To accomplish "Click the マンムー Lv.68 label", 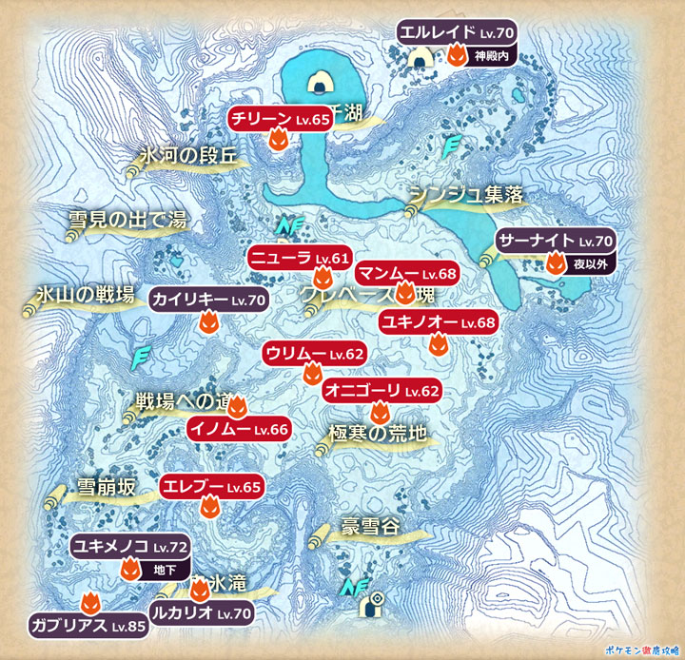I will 407,274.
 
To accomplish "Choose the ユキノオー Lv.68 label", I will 437,322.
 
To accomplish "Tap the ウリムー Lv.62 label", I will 314,354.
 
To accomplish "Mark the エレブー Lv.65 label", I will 210,487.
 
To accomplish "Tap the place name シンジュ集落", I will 467,195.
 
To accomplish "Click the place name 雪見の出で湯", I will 127,221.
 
